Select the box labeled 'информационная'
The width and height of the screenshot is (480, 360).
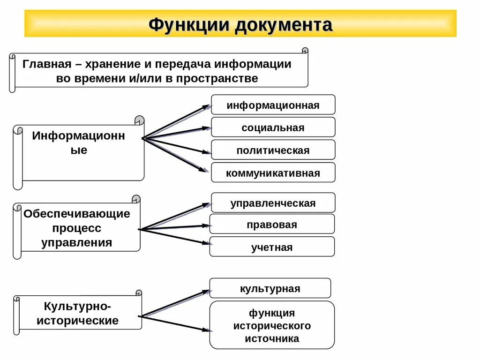click(x=273, y=105)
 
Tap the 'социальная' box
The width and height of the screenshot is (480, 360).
click(x=273, y=127)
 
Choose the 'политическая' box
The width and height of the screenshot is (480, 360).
click(x=273, y=150)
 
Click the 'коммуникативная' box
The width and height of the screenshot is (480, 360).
click(x=273, y=173)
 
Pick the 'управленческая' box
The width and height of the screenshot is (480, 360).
click(x=273, y=203)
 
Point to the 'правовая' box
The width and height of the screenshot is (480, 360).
click(x=272, y=224)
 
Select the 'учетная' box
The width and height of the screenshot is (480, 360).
click(x=272, y=247)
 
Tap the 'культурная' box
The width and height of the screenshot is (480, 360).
click(x=270, y=288)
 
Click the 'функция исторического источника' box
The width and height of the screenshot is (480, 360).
click(x=272, y=325)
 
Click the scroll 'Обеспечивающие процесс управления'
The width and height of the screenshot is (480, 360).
click(x=77, y=228)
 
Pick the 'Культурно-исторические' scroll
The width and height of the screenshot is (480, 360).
click(x=78, y=314)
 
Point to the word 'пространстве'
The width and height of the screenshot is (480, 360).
click(x=217, y=78)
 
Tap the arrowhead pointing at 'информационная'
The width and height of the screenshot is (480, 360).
click(x=207, y=107)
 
